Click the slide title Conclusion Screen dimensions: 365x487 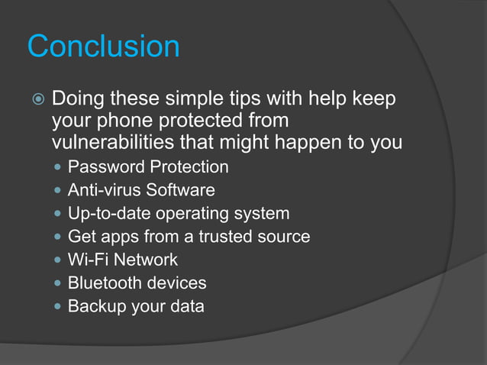tap(104, 47)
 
